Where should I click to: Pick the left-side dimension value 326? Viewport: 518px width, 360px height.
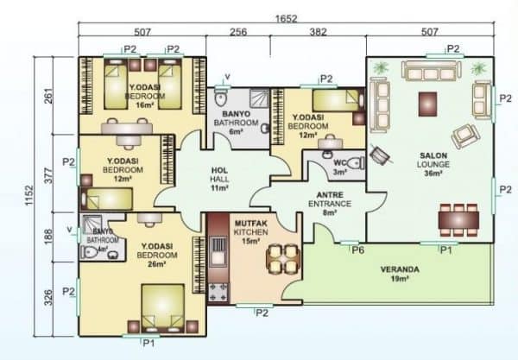tap(50, 298)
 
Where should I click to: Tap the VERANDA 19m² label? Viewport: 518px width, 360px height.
tap(400, 274)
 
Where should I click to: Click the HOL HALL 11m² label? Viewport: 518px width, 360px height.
tap(218, 178)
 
